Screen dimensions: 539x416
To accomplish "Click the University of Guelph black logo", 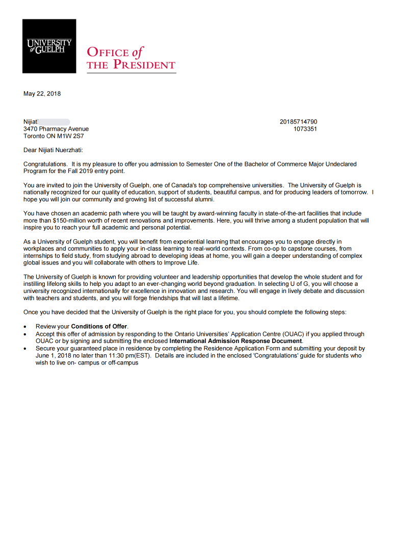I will pyautogui.click(x=49, y=46).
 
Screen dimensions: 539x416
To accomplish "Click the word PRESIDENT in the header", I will pyautogui.click(x=144, y=65).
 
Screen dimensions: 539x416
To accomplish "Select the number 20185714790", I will pyautogui.click(x=298, y=122).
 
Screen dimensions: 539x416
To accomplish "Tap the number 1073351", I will pyautogui.click(x=305, y=129).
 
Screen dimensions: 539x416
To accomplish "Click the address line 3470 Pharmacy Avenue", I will pyautogui.click(x=56, y=129).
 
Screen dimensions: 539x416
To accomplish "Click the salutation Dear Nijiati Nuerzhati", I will pyautogui.click(x=53, y=150).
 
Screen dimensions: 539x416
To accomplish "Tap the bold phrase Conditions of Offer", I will pyautogui.click(x=99, y=326).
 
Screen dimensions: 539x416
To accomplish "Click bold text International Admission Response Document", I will pyautogui.click(x=236, y=341).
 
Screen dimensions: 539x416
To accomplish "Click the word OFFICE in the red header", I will pyautogui.click(x=108, y=52).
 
